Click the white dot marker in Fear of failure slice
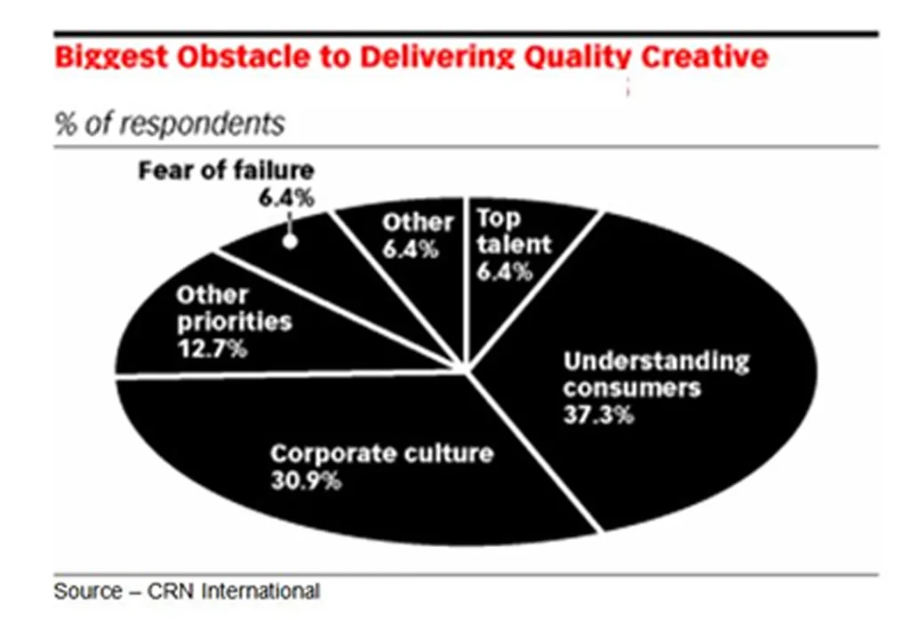coord(290,242)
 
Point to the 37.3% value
coord(598,415)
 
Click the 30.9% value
coord(306,481)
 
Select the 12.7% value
coord(212,348)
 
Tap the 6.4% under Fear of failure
coord(286,198)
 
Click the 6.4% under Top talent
coord(505,271)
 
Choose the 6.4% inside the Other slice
coord(411,250)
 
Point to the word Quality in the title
coord(576,58)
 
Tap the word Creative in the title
coord(705,57)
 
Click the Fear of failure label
coord(227,171)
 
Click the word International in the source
coord(260,591)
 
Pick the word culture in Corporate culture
coord(449,453)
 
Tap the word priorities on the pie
coord(235,322)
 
